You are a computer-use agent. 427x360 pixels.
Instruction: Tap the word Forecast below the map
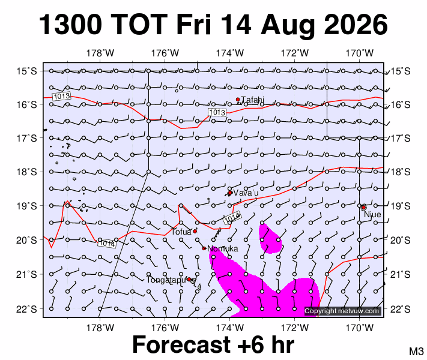pyautogui.click(x=182, y=344)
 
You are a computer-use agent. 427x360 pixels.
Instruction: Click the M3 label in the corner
pyautogui.click(x=416, y=351)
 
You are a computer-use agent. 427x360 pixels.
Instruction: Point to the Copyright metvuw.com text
pyautogui.click(x=342, y=311)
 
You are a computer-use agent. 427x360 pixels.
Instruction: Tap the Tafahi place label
pyautogui.click(x=252, y=100)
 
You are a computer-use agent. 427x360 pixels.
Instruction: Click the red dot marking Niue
pyautogui.click(x=363, y=208)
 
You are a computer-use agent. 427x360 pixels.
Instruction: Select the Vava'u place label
pyautogui.click(x=246, y=193)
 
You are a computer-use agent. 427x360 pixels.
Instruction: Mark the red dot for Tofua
pyautogui.click(x=195, y=231)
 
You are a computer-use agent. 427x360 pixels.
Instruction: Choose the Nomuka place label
pyautogui.click(x=222, y=248)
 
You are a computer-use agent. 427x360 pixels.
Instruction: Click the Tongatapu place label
pyautogui.click(x=166, y=280)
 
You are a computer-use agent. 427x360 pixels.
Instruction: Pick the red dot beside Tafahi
pyautogui.click(x=238, y=100)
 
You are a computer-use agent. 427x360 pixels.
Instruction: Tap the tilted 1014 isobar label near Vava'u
pyautogui.click(x=232, y=218)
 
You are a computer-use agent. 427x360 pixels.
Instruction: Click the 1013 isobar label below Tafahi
pyautogui.click(x=217, y=112)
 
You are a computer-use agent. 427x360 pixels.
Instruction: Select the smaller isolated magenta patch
pyautogui.click(x=270, y=239)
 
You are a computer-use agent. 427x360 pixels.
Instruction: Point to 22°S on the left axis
pyautogui.click(x=26, y=309)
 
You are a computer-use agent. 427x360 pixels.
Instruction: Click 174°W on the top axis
pyautogui.click(x=230, y=53)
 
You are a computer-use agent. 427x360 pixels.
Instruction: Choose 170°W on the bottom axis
pyautogui.click(x=360, y=328)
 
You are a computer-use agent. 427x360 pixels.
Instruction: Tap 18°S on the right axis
pyautogui.click(x=401, y=172)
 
